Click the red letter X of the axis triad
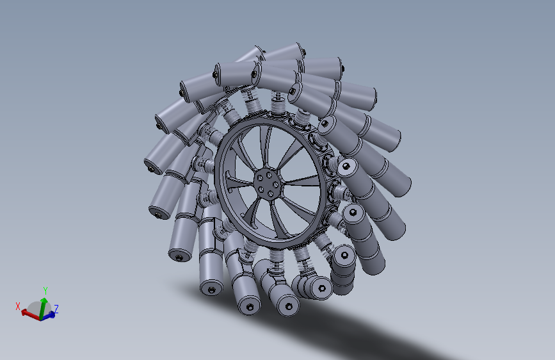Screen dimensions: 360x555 [19, 306]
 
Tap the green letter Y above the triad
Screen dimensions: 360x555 [45, 290]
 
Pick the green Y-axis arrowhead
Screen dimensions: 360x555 [44, 300]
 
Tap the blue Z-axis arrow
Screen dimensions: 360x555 [49, 315]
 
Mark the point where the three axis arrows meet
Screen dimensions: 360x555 [42, 317]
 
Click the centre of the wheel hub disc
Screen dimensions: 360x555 [264, 183]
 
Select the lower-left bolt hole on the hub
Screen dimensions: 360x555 [258, 190]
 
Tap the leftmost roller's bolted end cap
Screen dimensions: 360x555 [152, 168]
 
